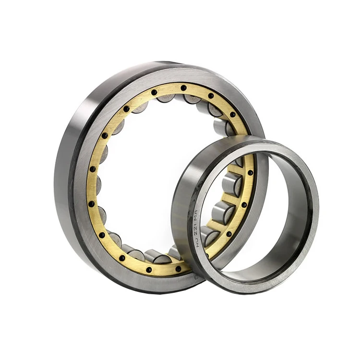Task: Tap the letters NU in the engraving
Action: (x=198, y=242)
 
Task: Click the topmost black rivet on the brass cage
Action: (x=183, y=88)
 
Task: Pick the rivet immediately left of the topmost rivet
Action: (x=154, y=92)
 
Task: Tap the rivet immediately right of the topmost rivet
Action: (x=211, y=96)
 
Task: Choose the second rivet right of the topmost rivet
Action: (x=233, y=115)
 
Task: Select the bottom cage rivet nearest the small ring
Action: (x=179, y=269)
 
